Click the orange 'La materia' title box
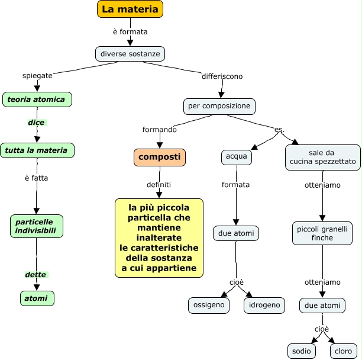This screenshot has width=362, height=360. click(130, 9)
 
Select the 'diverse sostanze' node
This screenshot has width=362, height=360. click(130, 54)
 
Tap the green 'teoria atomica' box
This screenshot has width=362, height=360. click(37, 99)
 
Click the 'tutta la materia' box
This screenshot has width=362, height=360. click(37, 150)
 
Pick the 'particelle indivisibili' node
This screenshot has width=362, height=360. click(36, 226)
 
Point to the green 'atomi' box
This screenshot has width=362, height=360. click(37, 298)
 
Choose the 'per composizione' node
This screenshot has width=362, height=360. click(219, 107)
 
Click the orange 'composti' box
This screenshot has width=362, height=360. click(160, 157)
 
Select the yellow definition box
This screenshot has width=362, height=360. click(159, 238)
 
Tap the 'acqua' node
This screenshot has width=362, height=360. click(237, 157)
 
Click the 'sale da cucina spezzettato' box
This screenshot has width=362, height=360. click(323, 157)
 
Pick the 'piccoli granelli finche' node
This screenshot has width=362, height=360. click(322, 233)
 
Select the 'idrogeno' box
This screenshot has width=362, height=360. click(264, 305)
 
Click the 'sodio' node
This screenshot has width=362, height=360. click(301, 351)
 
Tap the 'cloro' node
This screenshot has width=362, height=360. click(343, 351)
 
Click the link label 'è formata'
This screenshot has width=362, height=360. click(130, 32)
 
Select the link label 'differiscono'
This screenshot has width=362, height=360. click(222, 76)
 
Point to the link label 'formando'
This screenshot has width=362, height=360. click(160, 130)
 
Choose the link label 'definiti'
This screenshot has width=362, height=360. click(159, 185)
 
